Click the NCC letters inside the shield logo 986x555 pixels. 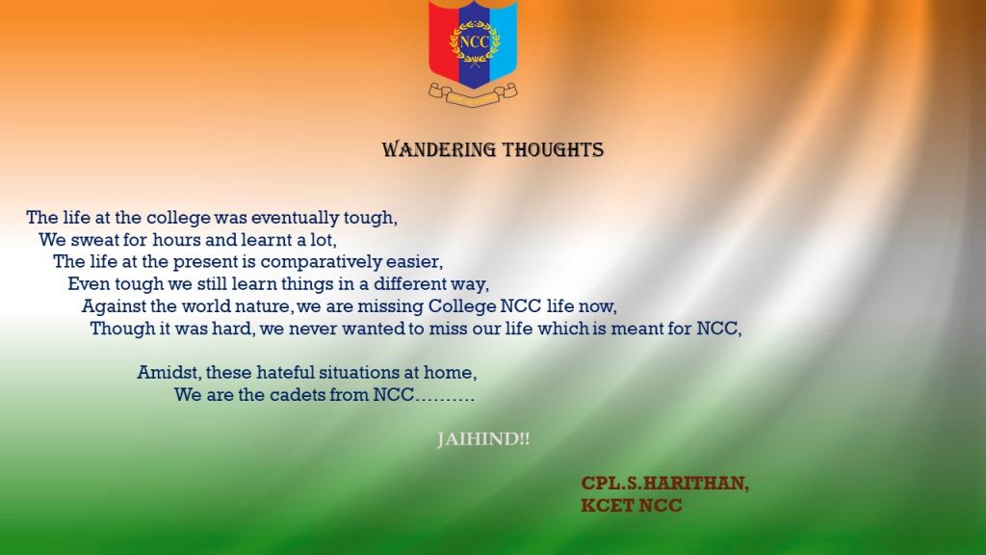474,42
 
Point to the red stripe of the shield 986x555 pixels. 443,38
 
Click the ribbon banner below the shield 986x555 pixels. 473,94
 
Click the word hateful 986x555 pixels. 285,373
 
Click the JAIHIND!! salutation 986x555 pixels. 483,439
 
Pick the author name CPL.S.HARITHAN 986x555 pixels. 664,484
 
